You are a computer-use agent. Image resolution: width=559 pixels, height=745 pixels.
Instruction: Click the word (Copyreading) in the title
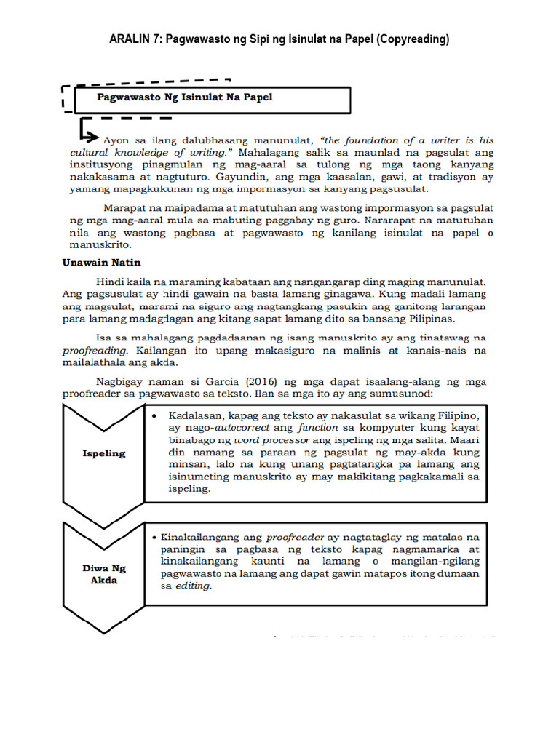pyautogui.click(x=411, y=39)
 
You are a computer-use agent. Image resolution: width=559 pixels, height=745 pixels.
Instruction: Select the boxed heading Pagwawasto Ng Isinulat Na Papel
pyautogui.click(x=185, y=97)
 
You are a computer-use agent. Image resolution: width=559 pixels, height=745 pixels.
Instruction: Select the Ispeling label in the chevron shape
pyautogui.click(x=103, y=453)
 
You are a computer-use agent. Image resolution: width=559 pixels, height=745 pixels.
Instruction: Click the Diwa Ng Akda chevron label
pyautogui.click(x=103, y=575)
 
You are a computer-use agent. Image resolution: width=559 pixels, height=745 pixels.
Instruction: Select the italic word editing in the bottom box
pyautogui.click(x=194, y=586)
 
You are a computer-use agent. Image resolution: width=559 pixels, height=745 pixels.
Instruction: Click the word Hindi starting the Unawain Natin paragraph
pyautogui.click(x=110, y=281)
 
